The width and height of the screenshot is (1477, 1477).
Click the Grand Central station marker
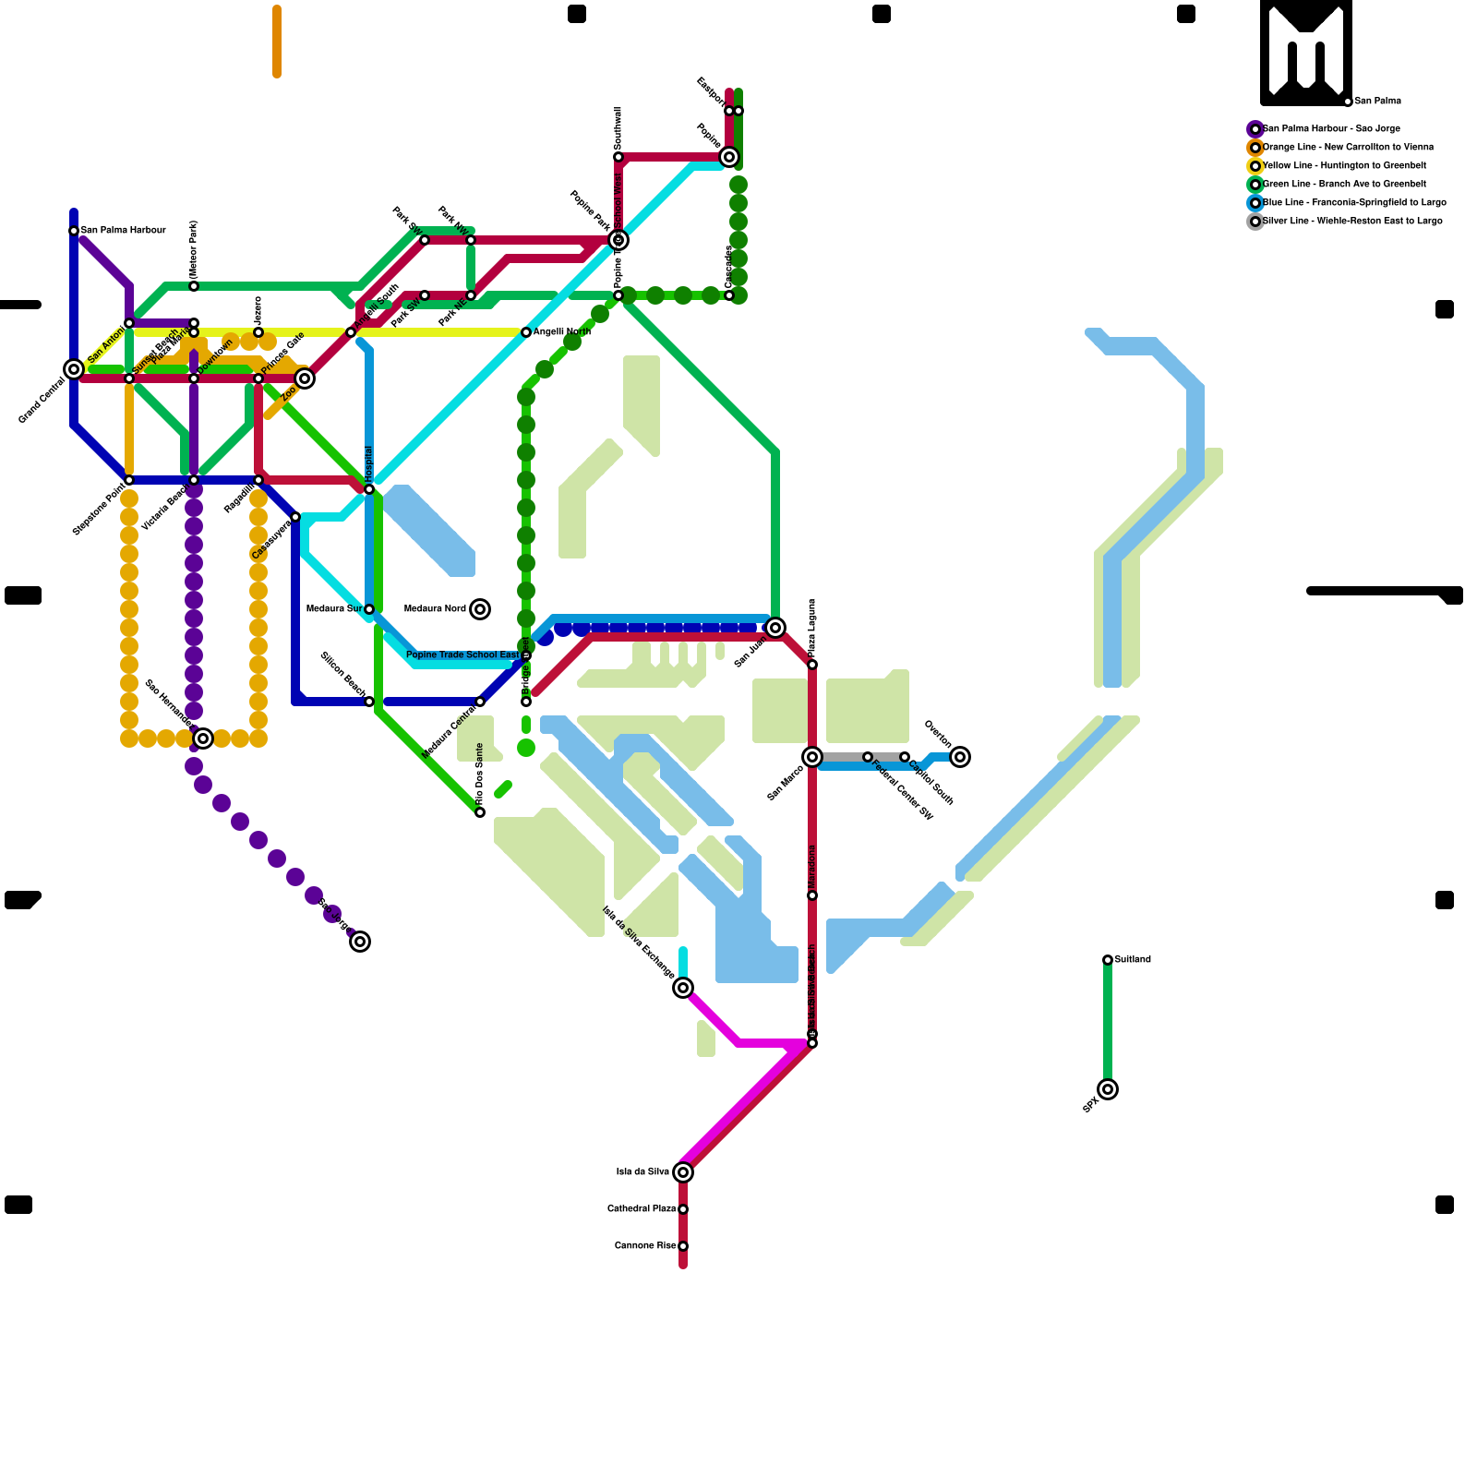click(x=74, y=369)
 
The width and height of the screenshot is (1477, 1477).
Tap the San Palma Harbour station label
click(x=123, y=231)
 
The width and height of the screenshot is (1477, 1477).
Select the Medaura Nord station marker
click(x=479, y=609)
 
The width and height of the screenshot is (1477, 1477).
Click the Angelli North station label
click(x=562, y=332)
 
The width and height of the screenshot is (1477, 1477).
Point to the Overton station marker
click(x=960, y=757)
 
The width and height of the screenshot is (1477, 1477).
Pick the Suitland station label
click(x=1133, y=960)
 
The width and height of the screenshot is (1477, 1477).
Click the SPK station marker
click(x=1108, y=1089)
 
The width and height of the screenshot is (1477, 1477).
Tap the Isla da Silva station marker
click(x=683, y=1172)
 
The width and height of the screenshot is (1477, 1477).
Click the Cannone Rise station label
click(x=645, y=1246)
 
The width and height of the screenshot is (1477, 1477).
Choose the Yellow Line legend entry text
click(x=1344, y=166)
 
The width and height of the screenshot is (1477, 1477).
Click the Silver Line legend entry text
click(x=1352, y=222)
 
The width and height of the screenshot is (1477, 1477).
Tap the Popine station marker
click(x=729, y=157)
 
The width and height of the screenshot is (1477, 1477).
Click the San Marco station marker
click(x=812, y=757)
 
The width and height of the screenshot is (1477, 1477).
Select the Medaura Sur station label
click(x=334, y=609)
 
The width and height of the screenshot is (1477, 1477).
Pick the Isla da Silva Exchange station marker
click(x=683, y=988)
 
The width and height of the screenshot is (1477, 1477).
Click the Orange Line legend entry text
click(x=1348, y=148)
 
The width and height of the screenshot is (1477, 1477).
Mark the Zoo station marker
click(x=305, y=378)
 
